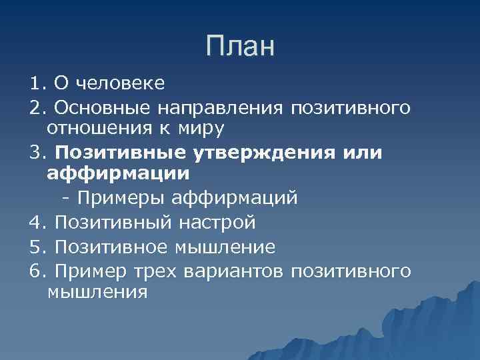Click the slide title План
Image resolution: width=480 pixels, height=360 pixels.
240,46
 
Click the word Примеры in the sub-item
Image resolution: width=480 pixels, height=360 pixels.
122,198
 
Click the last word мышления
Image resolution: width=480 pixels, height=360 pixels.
97,292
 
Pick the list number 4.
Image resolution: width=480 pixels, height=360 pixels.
35,221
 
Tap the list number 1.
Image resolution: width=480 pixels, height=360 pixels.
35,84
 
